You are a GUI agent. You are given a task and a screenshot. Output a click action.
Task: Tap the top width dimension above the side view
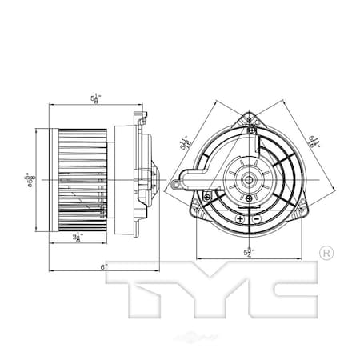[x=96, y=98]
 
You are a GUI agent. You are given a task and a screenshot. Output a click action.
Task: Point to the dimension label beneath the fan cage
[x=78, y=238]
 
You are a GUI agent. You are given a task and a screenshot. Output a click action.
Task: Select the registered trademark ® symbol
[x=326, y=254]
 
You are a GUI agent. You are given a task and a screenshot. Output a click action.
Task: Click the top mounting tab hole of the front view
[x=251, y=120]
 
